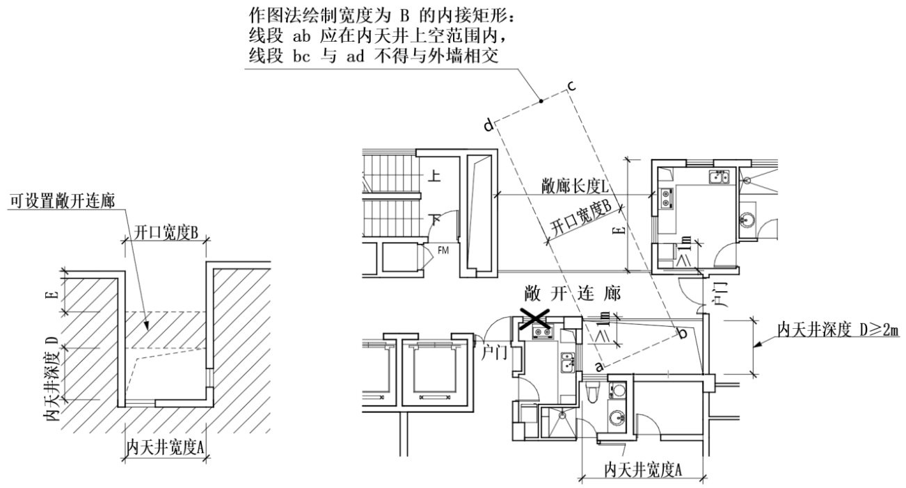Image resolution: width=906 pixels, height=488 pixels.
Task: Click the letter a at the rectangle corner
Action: pyautogui.click(x=598, y=364)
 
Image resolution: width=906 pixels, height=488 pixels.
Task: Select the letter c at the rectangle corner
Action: pyautogui.click(x=571, y=86)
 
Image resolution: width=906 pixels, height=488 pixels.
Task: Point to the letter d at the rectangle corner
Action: pyautogui.click(x=488, y=125)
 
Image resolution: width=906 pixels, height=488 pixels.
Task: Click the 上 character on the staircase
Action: pyautogui.click(x=436, y=177)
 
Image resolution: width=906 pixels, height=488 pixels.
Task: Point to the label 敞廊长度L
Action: pyautogui.click(x=574, y=186)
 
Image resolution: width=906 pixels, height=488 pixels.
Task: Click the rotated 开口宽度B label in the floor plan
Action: pyautogui.click(x=580, y=218)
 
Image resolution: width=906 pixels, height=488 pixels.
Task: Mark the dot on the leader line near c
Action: pyautogui.click(x=541, y=101)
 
